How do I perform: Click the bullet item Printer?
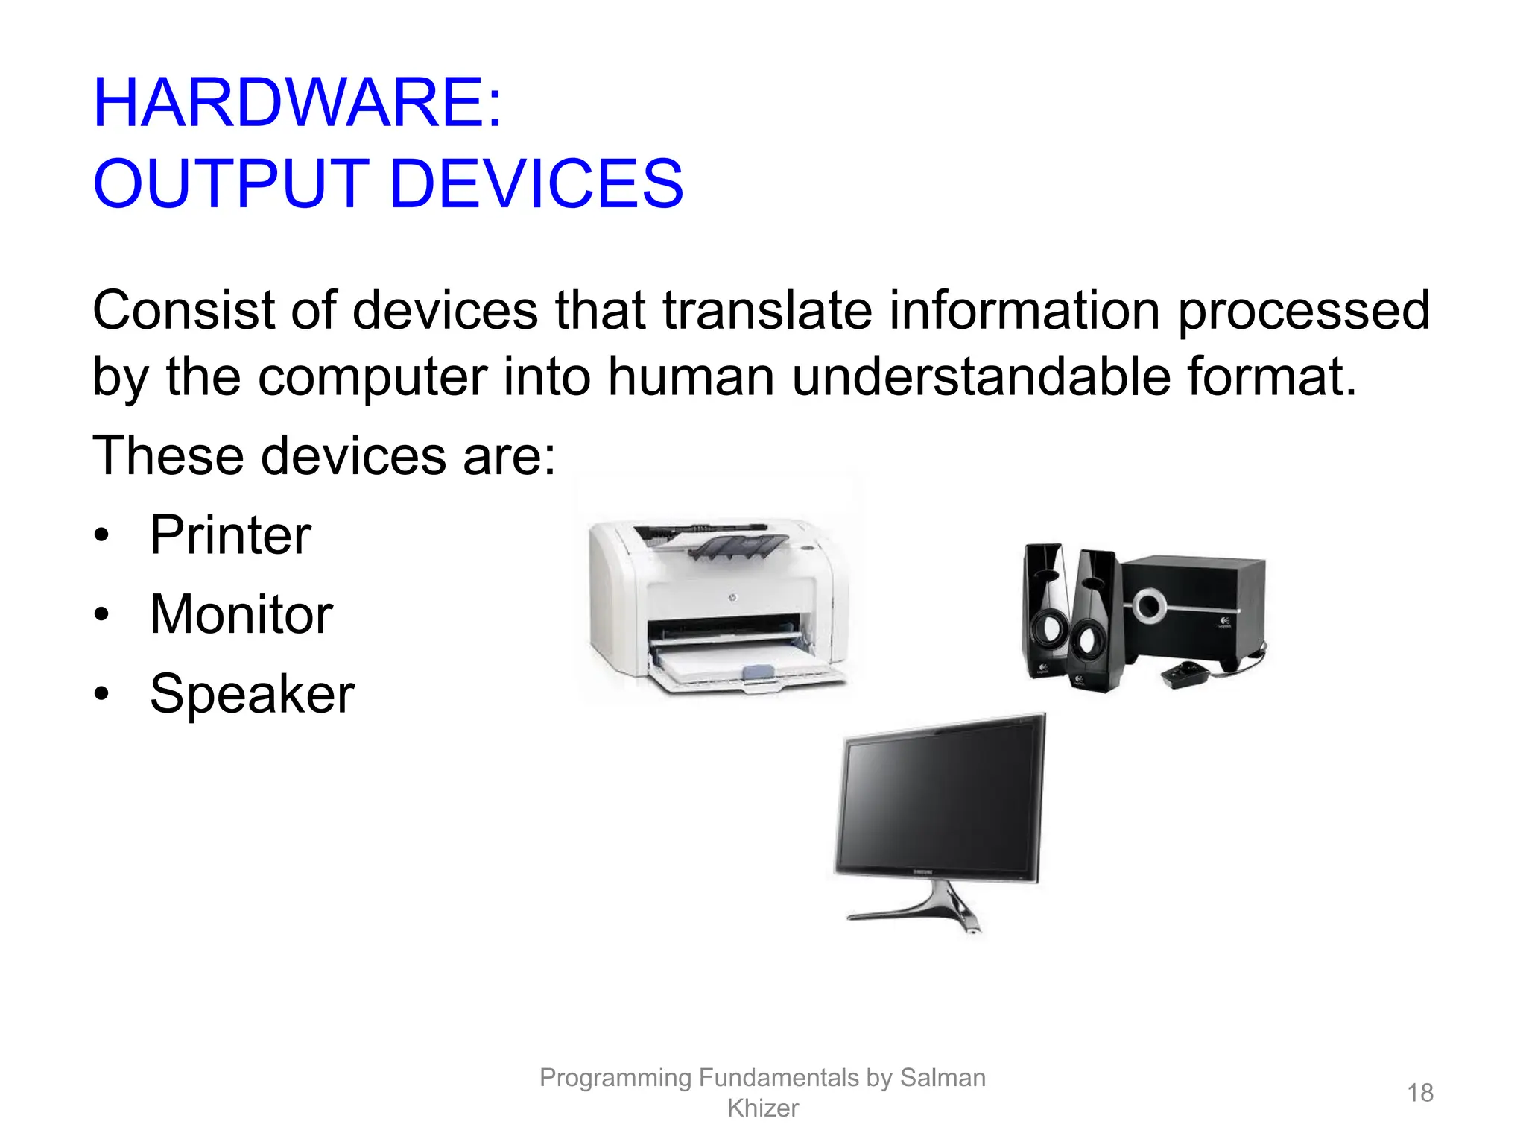[x=230, y=535]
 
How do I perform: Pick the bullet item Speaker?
[x=252, y=694]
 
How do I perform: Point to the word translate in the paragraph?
[x=767, y=310]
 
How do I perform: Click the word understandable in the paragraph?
[x=980, y=376]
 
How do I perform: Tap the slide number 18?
[x=1419, y=1093]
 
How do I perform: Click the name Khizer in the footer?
[x=762, y=1108]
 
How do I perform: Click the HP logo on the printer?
[x=732, y=599]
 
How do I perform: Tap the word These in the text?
[x=168, y=455]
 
